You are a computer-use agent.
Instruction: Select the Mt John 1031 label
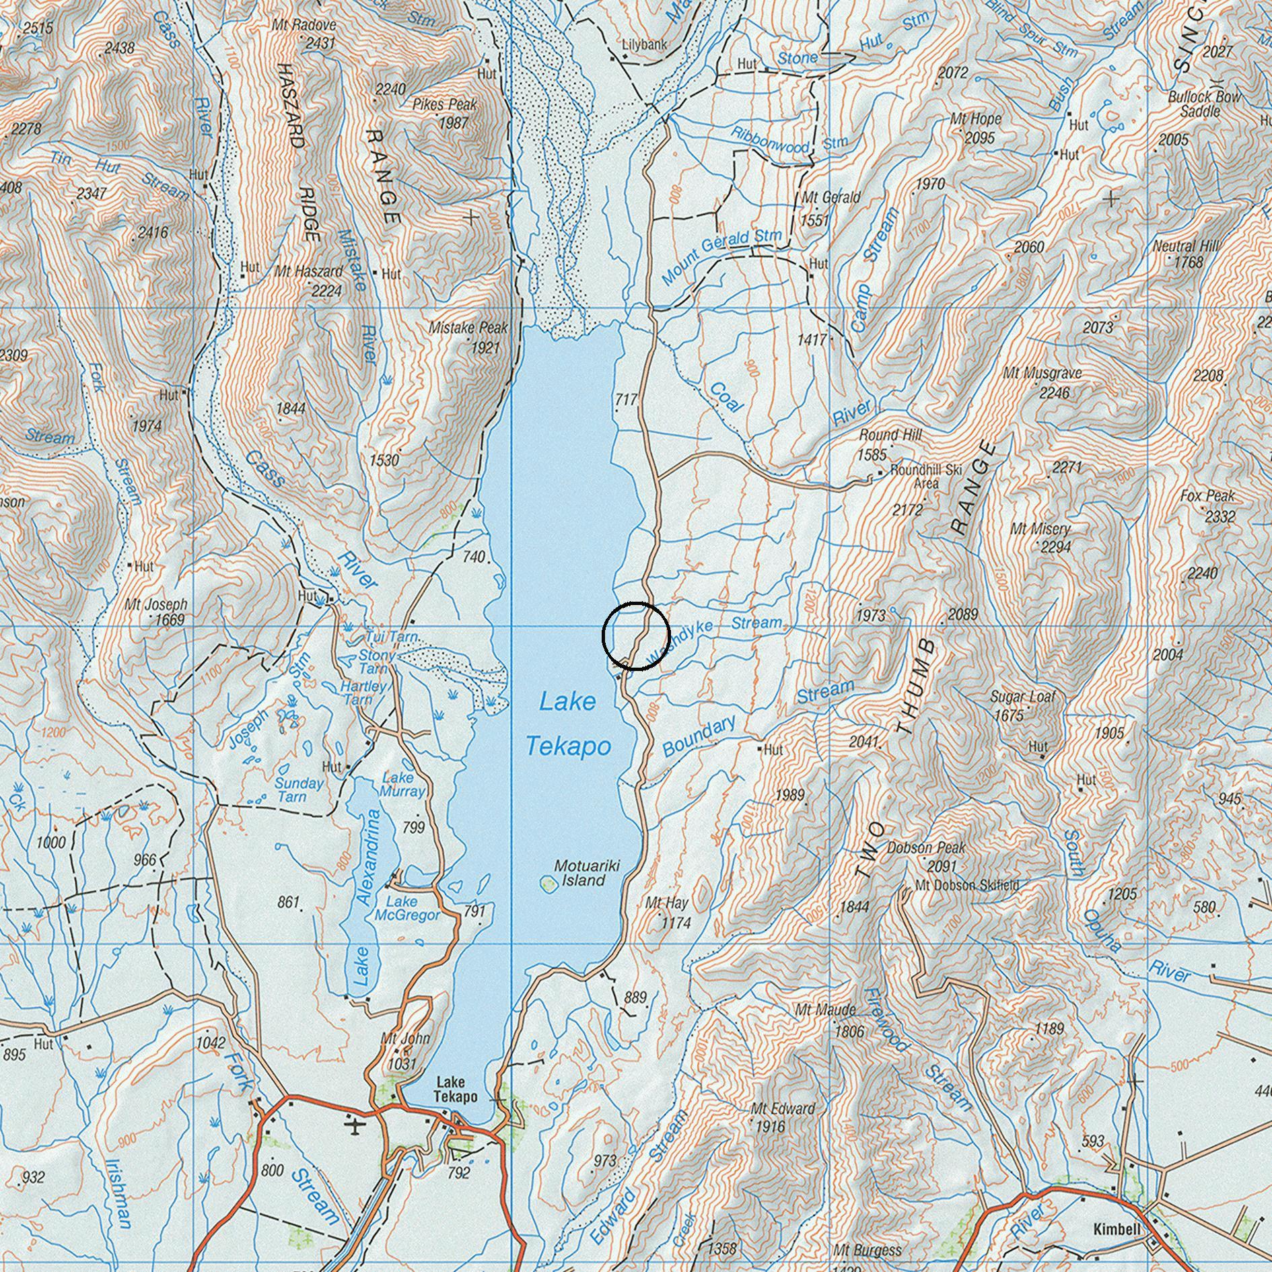click(x=404, y=1051)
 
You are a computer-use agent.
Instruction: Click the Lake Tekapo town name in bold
click(x=455, y=1090)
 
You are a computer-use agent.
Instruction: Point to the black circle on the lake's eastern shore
click(x=635, y=636)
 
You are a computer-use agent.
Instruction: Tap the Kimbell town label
click(x=1117, y=1230)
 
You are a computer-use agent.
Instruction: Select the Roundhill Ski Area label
click(x=926, y=476)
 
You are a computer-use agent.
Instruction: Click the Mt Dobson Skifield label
click(x=967, y=885)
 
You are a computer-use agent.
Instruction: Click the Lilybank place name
click(x=644, y=45)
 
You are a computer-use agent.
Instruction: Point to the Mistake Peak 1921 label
click(x=469, y=337)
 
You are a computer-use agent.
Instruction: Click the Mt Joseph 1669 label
click(x=156, y=612)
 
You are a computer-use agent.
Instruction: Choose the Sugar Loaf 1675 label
click(x=1015, y=705)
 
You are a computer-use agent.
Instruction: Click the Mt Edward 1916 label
click(x=774, y=1117)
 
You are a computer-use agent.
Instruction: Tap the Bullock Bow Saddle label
click(x=1204, y=104)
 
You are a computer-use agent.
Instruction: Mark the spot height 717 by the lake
click(x=625, y=400)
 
